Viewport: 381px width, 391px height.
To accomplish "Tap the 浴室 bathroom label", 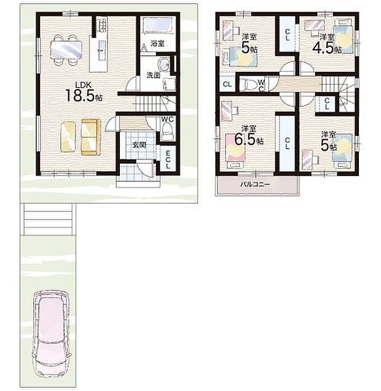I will click(157, 44).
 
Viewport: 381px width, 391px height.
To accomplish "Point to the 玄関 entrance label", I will click(139, 145).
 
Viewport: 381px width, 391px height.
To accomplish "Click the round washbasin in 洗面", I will click(164, 66).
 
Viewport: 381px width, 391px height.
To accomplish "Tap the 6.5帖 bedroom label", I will click(251, 137).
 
